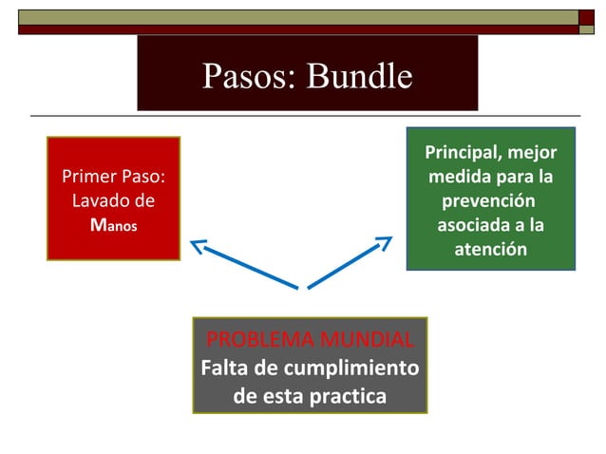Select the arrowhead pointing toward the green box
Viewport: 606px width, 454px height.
(x=384, y=243)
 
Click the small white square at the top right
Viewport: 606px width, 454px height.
(x=587, y=16)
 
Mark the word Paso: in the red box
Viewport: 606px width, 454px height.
(x=146, y=177)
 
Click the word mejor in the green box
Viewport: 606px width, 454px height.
(x=533, y=153)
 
